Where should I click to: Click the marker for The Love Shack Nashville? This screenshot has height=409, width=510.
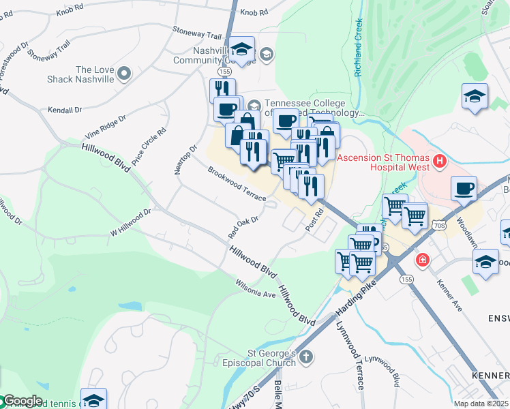[124, 73]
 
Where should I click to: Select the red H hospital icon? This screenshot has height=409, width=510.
[439, 162]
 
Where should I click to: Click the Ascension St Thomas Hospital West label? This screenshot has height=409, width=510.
[384, 162]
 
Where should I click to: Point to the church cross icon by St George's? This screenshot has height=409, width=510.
[307, 357]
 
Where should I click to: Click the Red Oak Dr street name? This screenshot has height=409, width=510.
[243, 228]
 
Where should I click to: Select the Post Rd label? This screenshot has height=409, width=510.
[314, 219]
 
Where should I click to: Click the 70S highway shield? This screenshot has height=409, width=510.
[439, 225]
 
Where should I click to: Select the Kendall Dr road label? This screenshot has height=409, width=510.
[65, 109]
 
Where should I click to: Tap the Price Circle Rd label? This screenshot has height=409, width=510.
[149, 147]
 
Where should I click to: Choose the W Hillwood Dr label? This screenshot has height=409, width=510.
[130, 222]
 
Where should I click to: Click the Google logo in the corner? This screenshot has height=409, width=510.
[22, 401]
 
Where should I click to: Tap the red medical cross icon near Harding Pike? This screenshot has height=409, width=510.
[423, 260]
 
